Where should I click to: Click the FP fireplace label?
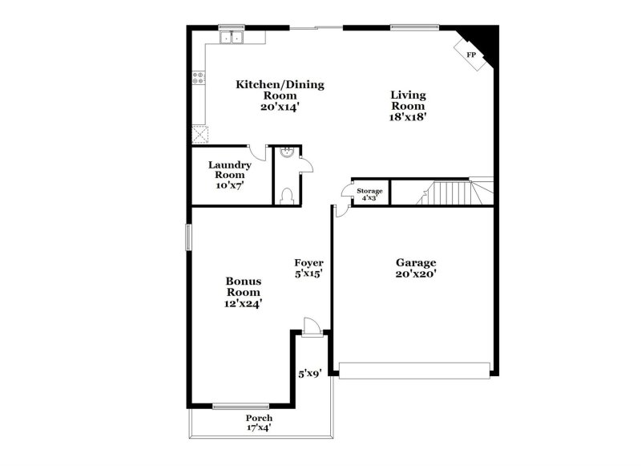pos(471,55)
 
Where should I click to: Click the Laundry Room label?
pos(230,170)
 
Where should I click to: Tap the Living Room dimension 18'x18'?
pos(408,116)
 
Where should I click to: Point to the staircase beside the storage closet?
pos(449,192)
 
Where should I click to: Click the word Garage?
pos(416,262)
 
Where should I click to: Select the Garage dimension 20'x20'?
pos(416,274)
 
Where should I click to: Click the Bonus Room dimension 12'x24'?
pos(244,303)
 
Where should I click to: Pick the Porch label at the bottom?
pos(259,418)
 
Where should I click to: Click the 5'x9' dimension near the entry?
pos(309,373)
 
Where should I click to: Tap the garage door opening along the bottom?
pos(413,369)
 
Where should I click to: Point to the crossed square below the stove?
pos(199,134)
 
